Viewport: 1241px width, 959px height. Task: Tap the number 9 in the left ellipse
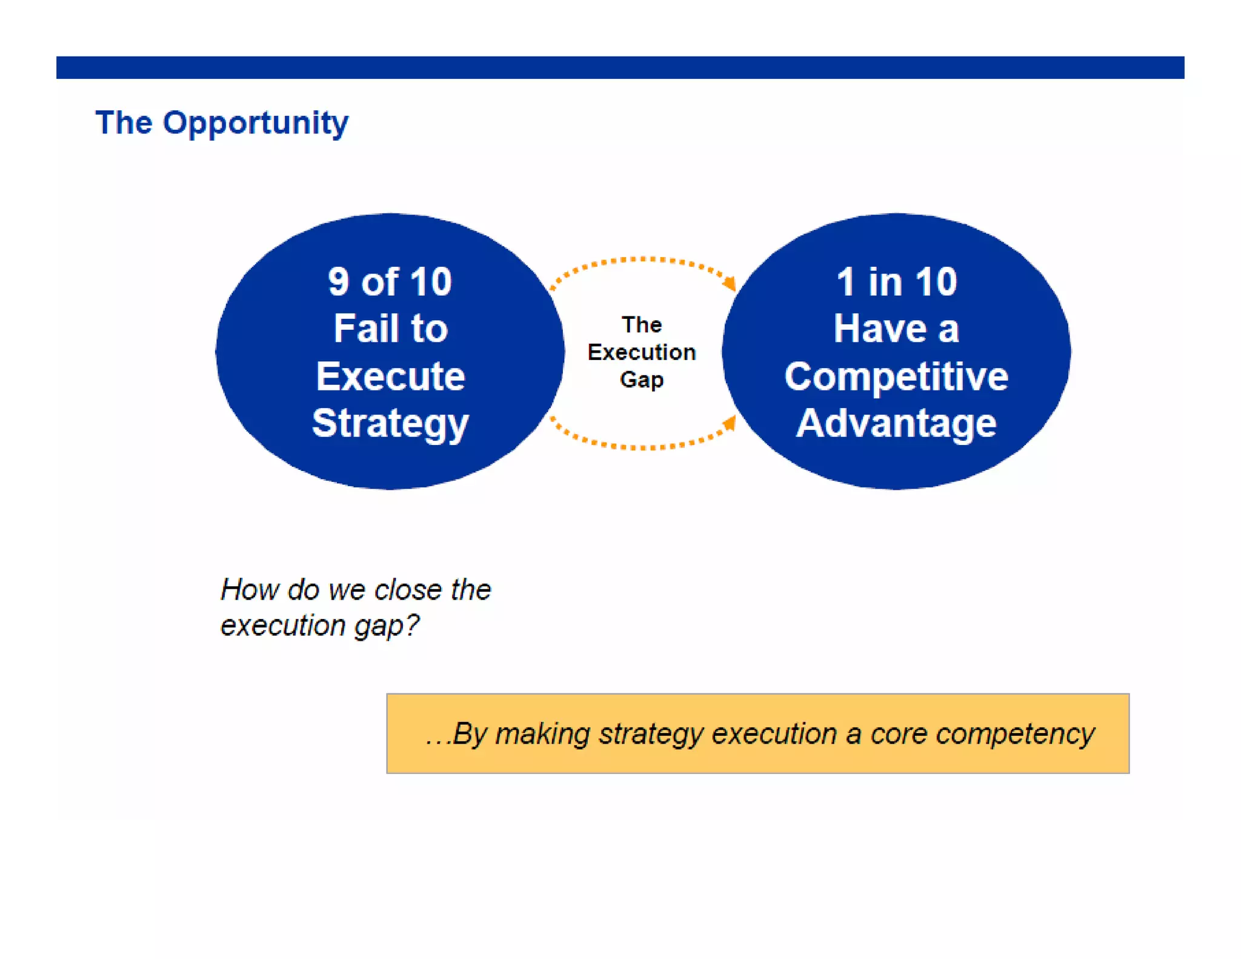[338, 282]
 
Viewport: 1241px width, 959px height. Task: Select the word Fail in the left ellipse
[362, 329]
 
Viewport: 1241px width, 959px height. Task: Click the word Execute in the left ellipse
[390, 376]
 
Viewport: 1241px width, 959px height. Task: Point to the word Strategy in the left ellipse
[390, 423]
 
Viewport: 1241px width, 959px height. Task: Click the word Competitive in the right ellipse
[896, 376]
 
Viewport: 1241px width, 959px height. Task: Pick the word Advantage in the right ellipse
[896, 423]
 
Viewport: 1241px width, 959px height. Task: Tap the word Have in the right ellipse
[880, 329]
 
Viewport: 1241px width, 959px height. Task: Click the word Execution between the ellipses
[641, 352]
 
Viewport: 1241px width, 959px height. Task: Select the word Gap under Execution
[641, 379]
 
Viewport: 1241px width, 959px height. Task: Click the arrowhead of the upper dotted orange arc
[730, 282]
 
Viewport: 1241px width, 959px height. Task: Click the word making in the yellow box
[542, 734]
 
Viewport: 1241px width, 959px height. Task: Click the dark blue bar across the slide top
[620, 67]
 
